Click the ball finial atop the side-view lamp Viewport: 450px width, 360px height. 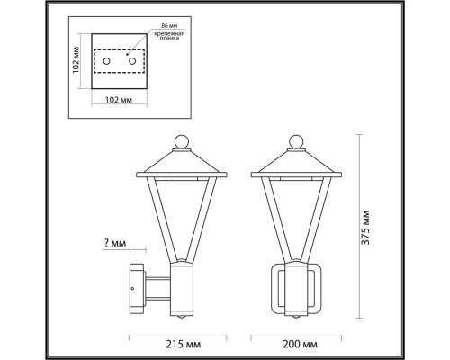[x=181, y=141]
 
